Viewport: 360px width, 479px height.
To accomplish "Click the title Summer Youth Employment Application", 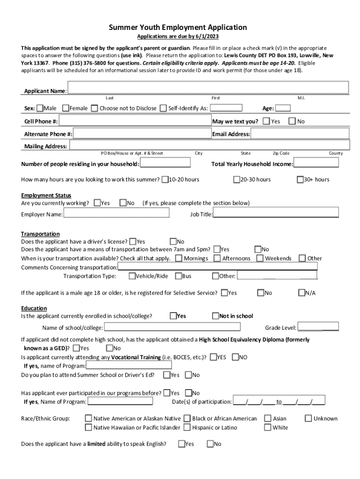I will pos(178,28).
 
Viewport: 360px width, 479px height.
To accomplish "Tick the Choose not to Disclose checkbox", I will pos(95,109).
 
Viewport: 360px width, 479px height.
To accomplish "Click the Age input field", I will pos(283,109).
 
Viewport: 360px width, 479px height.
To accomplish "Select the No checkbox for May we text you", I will pos(292,122).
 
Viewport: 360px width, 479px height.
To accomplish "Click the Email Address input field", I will pos(300,134).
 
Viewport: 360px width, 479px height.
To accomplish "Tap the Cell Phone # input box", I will pos(135,122).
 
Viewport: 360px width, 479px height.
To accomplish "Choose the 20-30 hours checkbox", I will pos(237,180).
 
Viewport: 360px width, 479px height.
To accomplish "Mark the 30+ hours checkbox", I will pos(300,180).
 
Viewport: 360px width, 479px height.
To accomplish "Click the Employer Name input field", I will pos(116,214).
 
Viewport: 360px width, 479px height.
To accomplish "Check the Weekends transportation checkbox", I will pos(261,258).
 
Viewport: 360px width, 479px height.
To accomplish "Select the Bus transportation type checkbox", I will pos(178,276).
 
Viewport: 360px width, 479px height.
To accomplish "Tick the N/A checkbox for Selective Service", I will pos(302,293).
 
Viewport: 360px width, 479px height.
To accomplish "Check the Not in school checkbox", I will pos(216,316).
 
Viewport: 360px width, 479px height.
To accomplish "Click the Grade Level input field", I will pos(318,327).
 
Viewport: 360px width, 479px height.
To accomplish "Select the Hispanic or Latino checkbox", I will pos(187,428).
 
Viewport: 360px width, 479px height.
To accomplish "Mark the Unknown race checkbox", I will pos(308,419).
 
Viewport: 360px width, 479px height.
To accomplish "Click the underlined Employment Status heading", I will pos(46,196).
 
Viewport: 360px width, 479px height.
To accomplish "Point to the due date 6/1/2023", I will pos(208,36).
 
